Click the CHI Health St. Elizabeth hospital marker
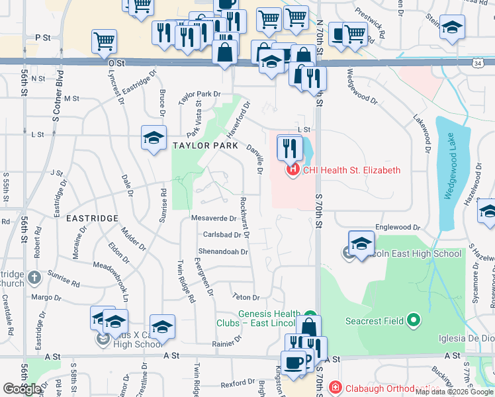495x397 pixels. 292,170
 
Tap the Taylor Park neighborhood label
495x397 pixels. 204,145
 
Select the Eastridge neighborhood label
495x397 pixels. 92,218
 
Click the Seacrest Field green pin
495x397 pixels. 414,321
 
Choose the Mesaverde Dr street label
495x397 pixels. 213,218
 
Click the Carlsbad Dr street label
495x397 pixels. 221,234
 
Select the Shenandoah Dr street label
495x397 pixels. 222,251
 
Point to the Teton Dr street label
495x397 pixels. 246,297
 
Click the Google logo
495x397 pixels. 22,389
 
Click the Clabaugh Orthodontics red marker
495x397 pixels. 336,386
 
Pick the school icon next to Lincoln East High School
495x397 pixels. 361,243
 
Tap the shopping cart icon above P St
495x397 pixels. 105,41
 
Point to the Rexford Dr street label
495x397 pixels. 238,383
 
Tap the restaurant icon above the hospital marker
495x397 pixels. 289,147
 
